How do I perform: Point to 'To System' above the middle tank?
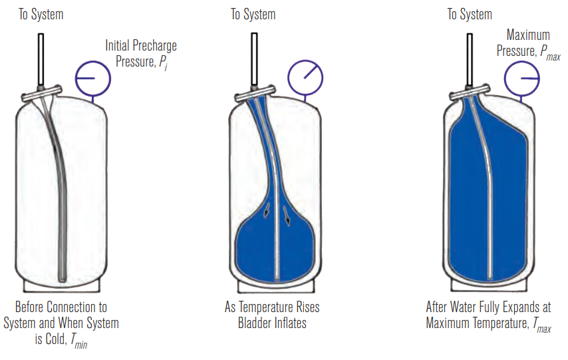[x=253, y=14]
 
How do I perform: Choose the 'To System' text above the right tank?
[x=470, y=14]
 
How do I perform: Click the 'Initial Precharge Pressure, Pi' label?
[x=141, y=54]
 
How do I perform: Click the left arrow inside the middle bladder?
[x=267, y=212]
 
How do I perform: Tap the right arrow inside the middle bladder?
[x=289, y=215]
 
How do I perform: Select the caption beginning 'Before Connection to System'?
[x=61, y=323]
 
